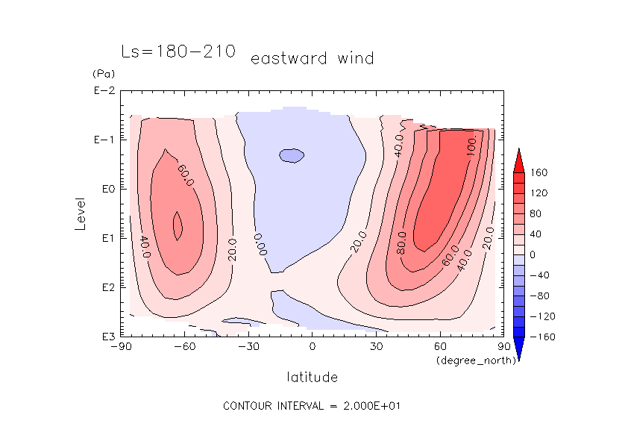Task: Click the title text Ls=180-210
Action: click(x=178, y=51)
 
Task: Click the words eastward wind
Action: click(x=312, y=58)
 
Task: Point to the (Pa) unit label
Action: click(x=102, y=75)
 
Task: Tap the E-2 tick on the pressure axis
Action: click(x=104, y=91)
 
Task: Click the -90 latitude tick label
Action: click(x=121, y=347)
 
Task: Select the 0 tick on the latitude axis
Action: click(x=313, y=347)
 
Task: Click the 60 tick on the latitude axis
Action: click(x=440, y=347)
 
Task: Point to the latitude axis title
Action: click(x=313, y=377)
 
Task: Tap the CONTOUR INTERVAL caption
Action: click(x=313, y=406)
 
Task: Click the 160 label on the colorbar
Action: click(x=539, y=173)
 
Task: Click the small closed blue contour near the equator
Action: click(x=292, y=155)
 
